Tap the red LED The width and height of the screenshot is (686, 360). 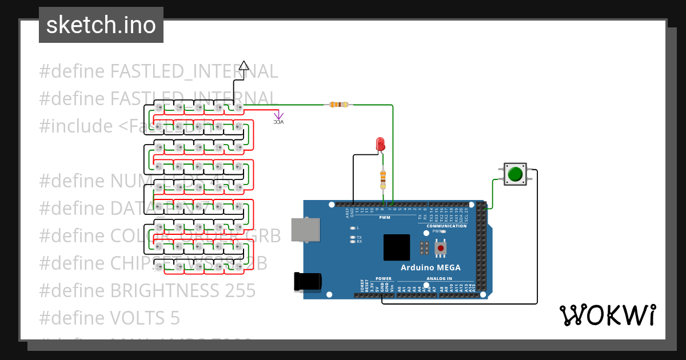pyautogui.click(x=380, y=144)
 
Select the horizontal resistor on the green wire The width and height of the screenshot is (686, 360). pyautogui.click(x=338, y=105)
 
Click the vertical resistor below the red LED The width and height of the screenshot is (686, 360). pyautogui.click(x=382, y=179)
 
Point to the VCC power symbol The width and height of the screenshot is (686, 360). pyautogui.click(x=278, y=120)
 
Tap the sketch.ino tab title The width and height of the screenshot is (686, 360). pyautogui.click(x=101, y=25)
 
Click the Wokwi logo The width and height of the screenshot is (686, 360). pyautogui.click(x=607, y=315)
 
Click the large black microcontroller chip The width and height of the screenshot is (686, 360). pyautogui.click(x=397, y=247)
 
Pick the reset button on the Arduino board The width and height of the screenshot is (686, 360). pyautogui.click(x=441, y=248)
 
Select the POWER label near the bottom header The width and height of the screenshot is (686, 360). pyautogui.click(x=384, y=279)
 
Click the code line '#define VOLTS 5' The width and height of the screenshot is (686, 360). pyautogui.click(x=109, y=317)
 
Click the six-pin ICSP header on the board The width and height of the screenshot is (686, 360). pyautogui.click(x=424, y=248)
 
